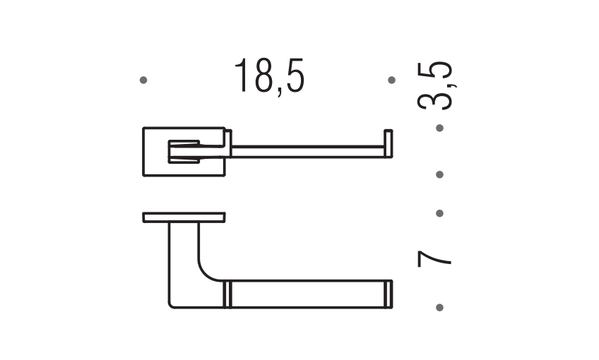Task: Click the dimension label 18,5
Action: coord(269,76)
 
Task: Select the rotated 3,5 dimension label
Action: coord(436,85)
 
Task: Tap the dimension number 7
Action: coord(434,258)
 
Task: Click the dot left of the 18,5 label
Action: coord(143,80)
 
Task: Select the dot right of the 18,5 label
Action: coord(391,80)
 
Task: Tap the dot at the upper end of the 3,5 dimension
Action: coord(439,128)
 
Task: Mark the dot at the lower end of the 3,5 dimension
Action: coord(439,174)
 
